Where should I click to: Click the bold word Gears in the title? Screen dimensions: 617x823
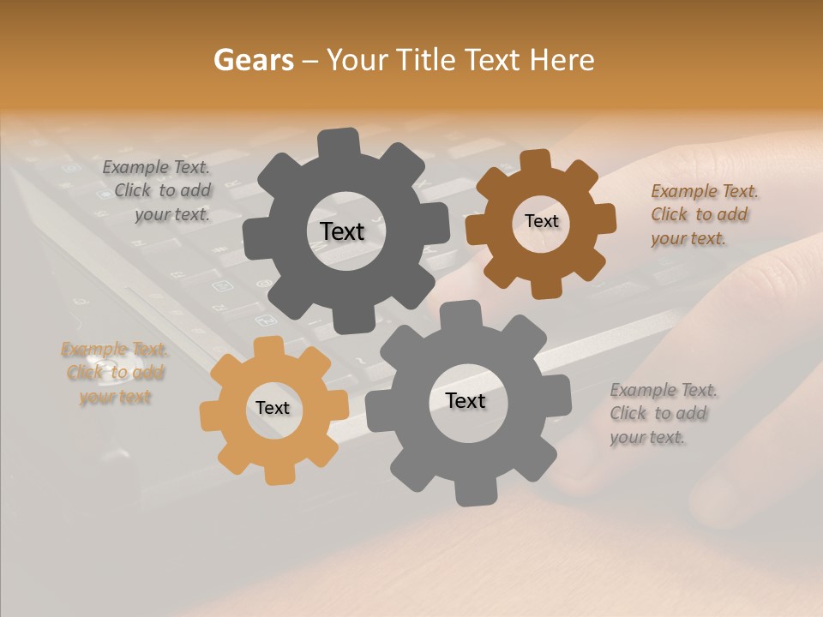click(x=252, y=60)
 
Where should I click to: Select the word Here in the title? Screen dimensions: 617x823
click(x=562, y=60)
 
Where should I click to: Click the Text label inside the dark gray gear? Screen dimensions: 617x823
click(x=342, y=231)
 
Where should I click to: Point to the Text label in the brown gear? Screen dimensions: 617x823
click(x=541, y=221)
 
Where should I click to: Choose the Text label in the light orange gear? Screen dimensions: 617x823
click(x=273, y=409)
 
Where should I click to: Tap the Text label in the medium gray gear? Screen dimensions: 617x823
click(x=466, y=401)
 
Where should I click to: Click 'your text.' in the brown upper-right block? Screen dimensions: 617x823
click(x=688, y=239)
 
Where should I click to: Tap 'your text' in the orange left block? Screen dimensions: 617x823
click(x=115, y=397)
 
